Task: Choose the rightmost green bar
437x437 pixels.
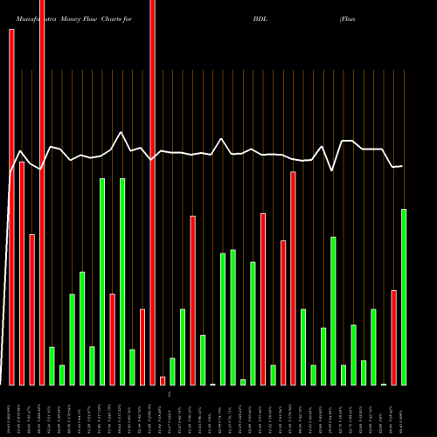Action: click(404, 296)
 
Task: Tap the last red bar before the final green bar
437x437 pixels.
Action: click(394, 336)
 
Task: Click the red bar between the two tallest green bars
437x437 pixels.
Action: click(113, 339)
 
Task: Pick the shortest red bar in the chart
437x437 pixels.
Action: click(163, 380)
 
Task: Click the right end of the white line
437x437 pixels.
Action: click(403, 166)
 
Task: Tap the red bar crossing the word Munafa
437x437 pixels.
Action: click(42, 192)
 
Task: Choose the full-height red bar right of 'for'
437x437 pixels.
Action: click(152, 192)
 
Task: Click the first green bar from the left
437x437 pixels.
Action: click(52, 365)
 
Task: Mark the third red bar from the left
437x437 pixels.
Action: click(31, 309)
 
